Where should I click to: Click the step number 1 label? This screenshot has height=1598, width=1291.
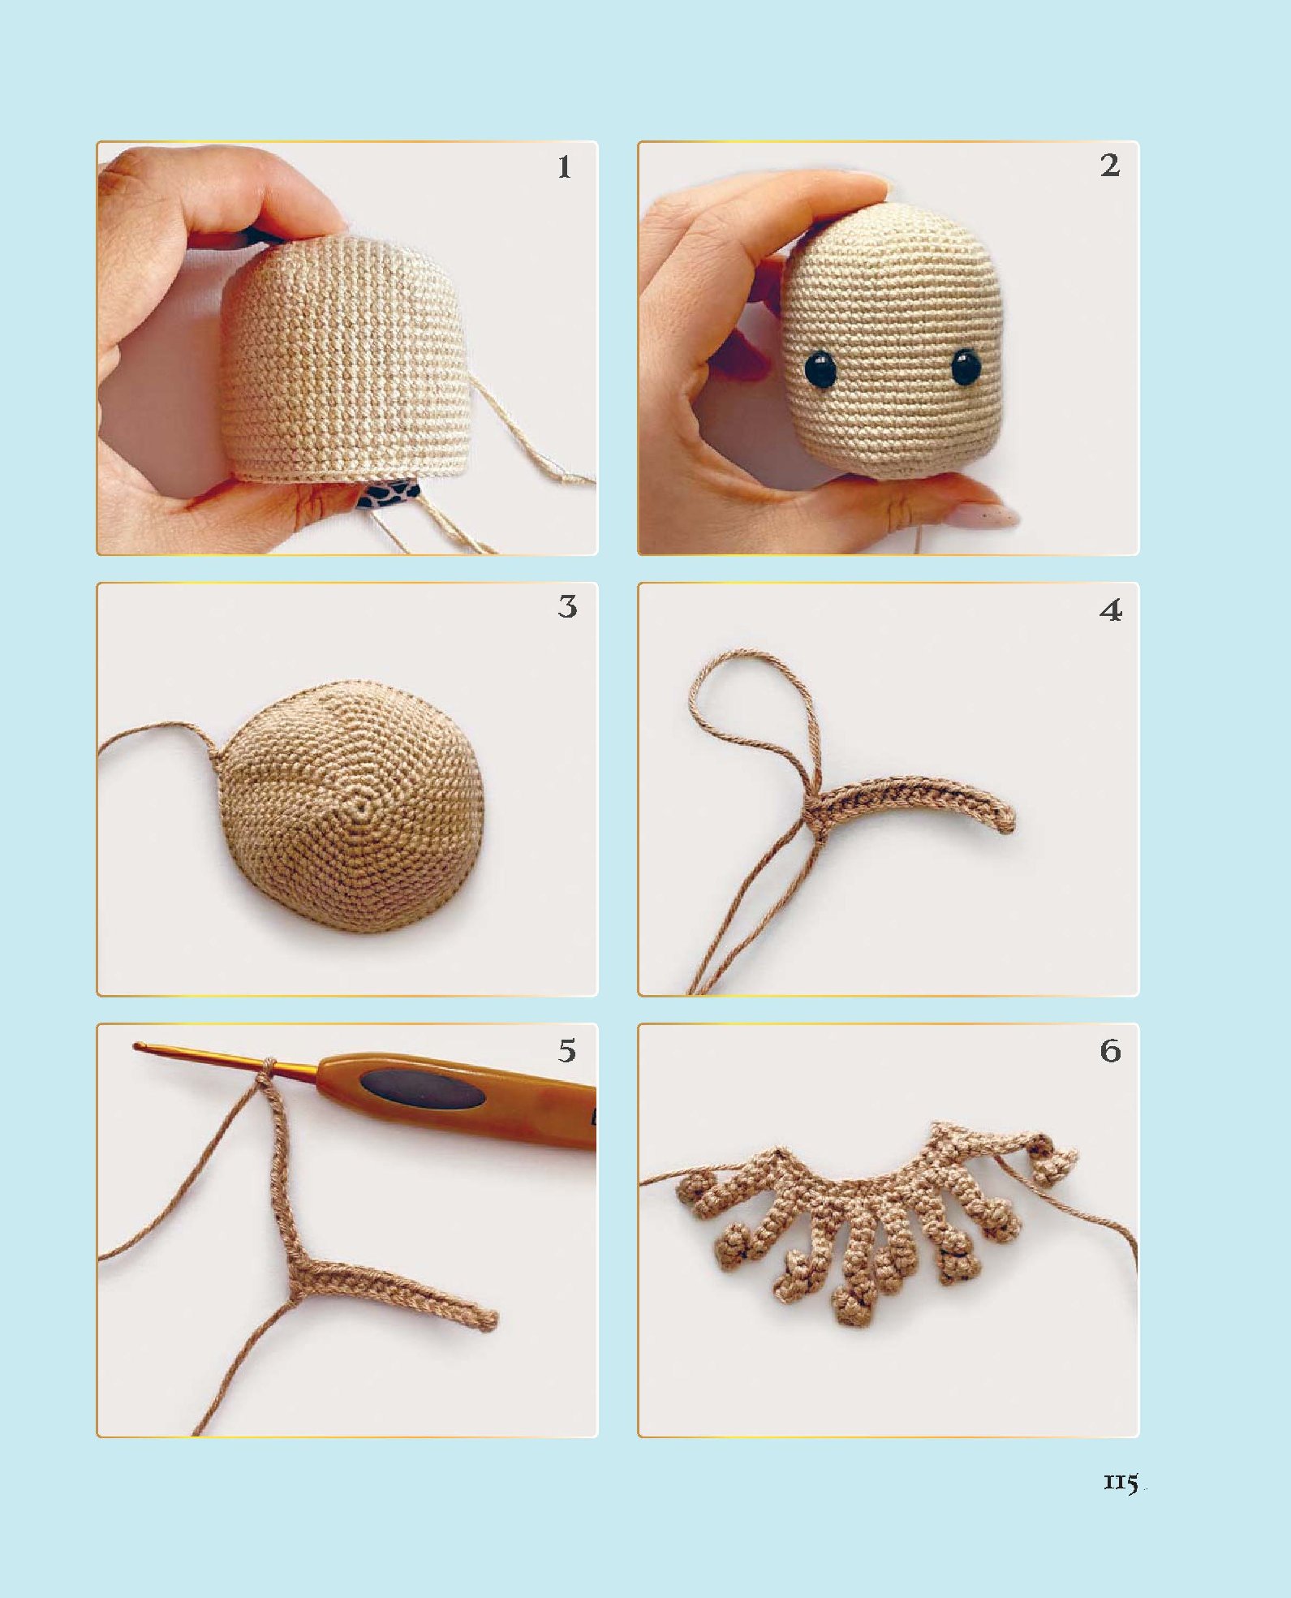tap(564, 167)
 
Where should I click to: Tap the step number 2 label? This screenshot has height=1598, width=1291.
tap(1110, 166)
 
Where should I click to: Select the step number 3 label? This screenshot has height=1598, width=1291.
tap(567, 607)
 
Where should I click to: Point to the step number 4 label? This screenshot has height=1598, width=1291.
tap(1111, 609)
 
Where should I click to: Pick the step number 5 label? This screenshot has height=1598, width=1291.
tap(567, 1051)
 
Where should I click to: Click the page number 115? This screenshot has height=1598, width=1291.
tap(1121, 1483)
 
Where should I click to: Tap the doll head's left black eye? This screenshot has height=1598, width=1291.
tap(821, 368)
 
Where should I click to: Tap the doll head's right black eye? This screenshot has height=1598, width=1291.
tap(966, 366)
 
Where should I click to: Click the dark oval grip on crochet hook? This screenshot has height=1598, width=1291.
tap(423, 1088)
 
